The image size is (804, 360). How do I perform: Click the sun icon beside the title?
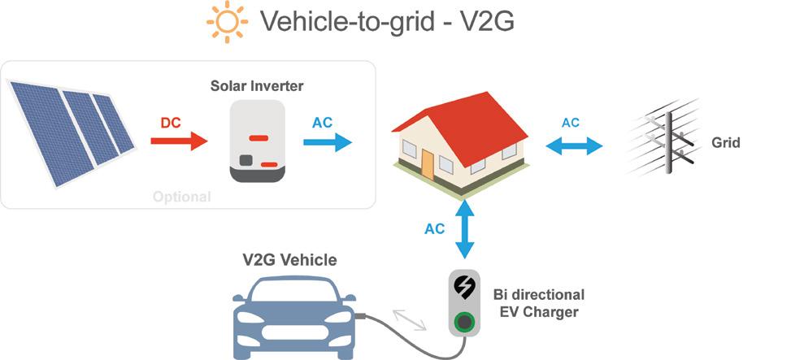click(227, 23)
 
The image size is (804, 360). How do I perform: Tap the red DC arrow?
click(179, 143)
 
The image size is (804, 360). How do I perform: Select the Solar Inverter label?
click(257, 85)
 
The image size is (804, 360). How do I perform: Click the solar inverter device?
click(257, 141)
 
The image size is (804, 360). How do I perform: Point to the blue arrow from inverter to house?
click(328, 143)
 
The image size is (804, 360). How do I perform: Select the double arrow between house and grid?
click(574, 146)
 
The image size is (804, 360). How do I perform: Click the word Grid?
click(726, 143)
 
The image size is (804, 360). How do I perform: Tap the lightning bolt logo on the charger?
click(465, 288)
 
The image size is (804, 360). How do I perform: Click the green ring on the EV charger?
click(465, 321)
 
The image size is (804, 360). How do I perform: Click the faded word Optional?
click(181, 197)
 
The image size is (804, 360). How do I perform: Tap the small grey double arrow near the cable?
click(409, 319)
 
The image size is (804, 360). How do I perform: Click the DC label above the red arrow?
click(171, 122)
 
